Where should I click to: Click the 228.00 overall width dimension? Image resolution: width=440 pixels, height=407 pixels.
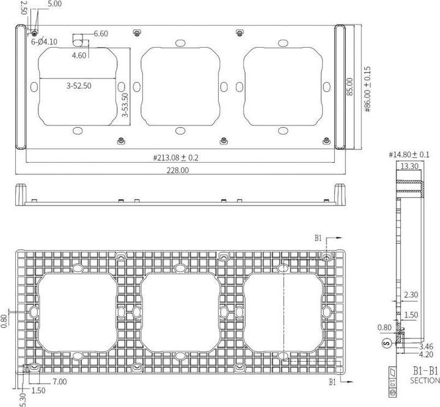point(177,171)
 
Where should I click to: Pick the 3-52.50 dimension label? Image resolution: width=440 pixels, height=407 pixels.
point(79,86)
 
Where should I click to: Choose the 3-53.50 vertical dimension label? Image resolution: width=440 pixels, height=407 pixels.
point(125,105)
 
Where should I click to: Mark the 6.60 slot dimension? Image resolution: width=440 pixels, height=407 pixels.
point(101,34)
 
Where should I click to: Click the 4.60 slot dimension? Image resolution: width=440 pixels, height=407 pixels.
point(78,55)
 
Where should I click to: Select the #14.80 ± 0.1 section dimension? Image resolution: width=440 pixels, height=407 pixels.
point(409,154)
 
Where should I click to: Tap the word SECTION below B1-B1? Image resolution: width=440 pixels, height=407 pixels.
point(425,381)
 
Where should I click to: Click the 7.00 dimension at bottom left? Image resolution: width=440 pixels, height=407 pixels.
point(59,382)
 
